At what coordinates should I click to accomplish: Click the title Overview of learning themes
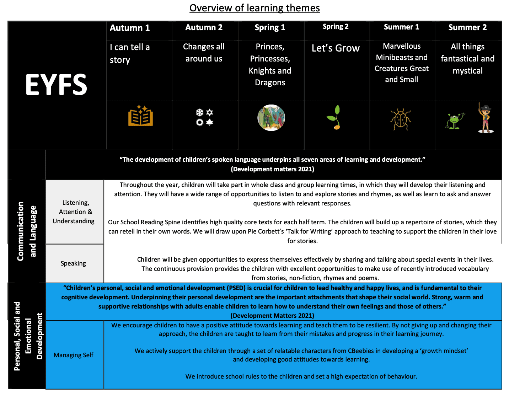[x=254, y=8]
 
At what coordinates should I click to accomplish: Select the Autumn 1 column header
[x=130, y=28]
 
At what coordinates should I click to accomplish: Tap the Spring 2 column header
[x=336, y=27]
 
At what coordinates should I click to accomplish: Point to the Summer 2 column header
[x=467, y=27]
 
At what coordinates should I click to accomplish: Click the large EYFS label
[x=56, y=85]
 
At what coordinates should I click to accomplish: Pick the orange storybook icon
[x=140, y=116]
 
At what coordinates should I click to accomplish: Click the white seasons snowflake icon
[x=204, y=117]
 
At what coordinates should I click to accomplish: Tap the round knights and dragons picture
[x=271, y=118]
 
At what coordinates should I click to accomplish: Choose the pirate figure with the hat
[x=485, y=118]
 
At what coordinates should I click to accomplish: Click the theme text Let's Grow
[x=336, y=48]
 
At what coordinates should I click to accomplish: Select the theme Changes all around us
[x=204, y=53]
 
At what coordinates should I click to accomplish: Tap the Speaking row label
[x=73, y=263]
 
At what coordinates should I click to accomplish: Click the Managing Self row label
[x=74, y=355]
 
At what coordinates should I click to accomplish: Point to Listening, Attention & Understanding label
[x=74, y=212]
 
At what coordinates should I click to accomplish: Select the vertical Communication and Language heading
[x=27, y=231]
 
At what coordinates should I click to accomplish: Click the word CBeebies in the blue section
[x=361, y=351]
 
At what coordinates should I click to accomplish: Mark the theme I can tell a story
[x=130, y=53]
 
